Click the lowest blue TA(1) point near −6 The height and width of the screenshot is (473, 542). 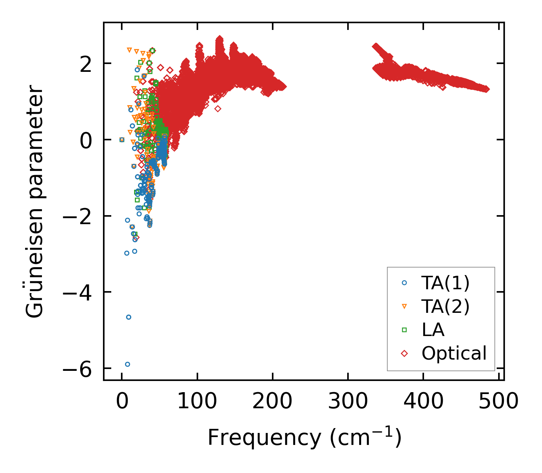(x=127, y=364)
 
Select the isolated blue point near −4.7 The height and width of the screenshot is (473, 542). (x=128, y=317)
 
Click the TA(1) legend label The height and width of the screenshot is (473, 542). (x=445, y=283)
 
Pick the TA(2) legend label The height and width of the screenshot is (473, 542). (x=445, y=306)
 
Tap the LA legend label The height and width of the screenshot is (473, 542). (x=433, y=330)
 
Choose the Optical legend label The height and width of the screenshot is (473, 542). (x=454, y=353)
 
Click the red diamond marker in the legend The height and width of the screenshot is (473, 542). (x=404, y=353)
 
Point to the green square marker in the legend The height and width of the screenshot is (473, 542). (x=404, y=330)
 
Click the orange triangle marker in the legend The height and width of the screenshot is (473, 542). (x=404, y=306)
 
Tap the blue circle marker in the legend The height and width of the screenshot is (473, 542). (x=404, y=283)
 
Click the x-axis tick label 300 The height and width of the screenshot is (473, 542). (x=348, y=402)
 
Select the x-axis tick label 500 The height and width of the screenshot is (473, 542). (x=499, y=402)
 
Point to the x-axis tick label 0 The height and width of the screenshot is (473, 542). (x=122, y=402)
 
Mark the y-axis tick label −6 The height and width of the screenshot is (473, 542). (x=76, y=369)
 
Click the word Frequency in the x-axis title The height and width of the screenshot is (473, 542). (x=264, y=437)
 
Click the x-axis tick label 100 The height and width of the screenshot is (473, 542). (x=197, y=402)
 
